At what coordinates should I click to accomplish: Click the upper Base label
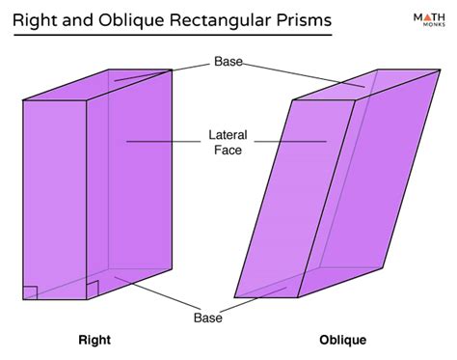[x=228, y=62]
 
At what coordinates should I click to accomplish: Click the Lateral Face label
[x=228, y=142]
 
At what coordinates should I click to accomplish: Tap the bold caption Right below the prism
[x=94, y=340]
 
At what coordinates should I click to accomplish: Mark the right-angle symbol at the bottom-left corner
[x=30, y=292]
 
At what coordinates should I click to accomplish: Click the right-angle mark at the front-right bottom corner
[x=93, y=290]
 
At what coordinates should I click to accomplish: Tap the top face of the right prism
[x=96, y=85]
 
